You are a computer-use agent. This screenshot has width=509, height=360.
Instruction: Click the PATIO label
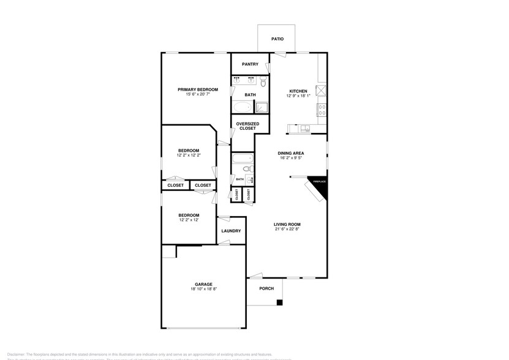coord(277,39)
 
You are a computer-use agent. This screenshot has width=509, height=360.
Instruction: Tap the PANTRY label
coord(250,64)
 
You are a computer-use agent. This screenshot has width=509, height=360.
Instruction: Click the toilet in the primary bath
coord(263,81)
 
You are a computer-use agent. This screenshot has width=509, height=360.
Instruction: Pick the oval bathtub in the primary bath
coord(243,108)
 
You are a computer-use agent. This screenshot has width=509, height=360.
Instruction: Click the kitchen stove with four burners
coord(321,110)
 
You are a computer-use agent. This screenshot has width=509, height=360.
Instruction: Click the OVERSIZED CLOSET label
coord(247,126)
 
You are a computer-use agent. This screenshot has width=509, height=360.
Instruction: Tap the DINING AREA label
coord(291,153)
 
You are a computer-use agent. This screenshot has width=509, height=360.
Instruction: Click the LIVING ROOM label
coord(287,224)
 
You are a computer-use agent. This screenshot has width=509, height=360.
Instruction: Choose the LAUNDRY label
coord(231,231)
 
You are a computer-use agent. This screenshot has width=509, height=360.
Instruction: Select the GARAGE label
coord(204,284)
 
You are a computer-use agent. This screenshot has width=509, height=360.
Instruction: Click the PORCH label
coord(266,288)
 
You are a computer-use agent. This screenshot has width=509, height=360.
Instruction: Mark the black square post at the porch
coord(279,302)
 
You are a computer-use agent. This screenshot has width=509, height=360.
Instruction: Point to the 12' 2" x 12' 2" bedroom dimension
coord(189,156)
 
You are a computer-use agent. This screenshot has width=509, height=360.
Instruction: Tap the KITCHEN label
coord(298,91)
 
